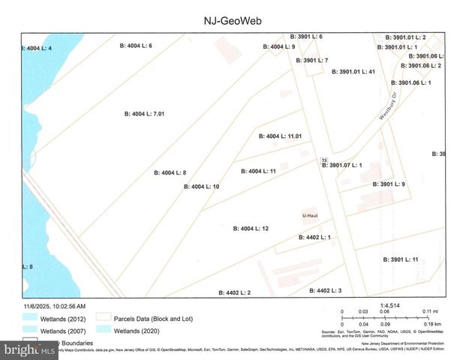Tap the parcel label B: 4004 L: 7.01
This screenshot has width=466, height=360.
point(144,114)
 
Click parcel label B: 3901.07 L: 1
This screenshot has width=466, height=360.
point(342,165)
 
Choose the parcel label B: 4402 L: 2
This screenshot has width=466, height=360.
point(235,292)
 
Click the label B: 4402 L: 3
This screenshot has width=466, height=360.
point(324,290)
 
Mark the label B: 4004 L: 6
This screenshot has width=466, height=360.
point(137,46)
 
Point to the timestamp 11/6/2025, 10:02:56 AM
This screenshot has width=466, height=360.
point(54,306)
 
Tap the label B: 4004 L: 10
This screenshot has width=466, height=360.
point(201,186)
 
